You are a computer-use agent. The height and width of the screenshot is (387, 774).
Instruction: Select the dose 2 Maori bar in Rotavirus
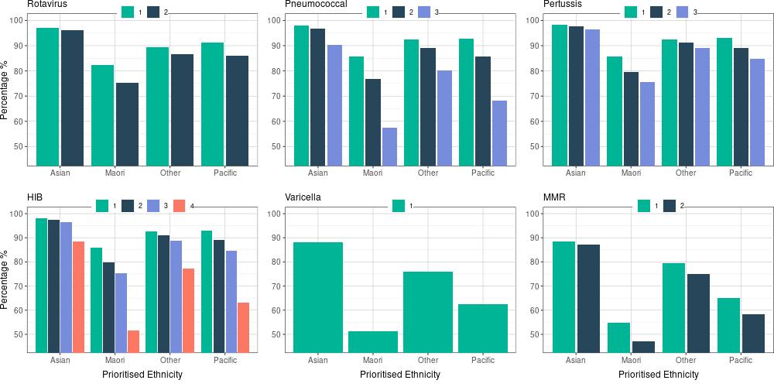[x=127, y=124]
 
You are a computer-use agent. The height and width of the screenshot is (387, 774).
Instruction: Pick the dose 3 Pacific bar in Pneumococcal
[x=499, y=132]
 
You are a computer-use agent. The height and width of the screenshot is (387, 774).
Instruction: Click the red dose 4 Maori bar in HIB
[x=133, y=341]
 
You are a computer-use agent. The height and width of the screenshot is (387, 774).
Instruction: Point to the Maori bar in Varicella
[x=372, y=341]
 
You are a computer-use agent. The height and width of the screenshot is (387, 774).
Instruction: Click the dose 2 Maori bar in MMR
[x=644, y=347]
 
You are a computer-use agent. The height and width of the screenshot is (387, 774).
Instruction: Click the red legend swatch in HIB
[x=180, y=205]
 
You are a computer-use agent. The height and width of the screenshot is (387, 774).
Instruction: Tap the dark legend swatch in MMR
[x=670, y=205]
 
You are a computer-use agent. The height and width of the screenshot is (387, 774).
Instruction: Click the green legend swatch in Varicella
[x=399, y=205]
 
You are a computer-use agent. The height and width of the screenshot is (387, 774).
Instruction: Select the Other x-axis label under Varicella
[x=428, y=360]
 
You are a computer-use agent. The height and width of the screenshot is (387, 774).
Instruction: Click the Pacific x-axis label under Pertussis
[x=741, y=173]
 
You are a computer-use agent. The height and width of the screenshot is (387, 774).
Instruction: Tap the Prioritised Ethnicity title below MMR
[x=658, y=375]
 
